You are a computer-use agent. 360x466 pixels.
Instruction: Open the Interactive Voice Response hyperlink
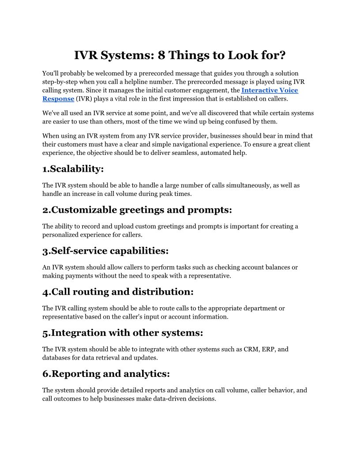pos(270,90)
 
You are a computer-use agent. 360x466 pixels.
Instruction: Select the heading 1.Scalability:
pos(73,169)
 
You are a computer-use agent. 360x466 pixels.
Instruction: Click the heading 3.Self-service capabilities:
pos(105,251)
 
